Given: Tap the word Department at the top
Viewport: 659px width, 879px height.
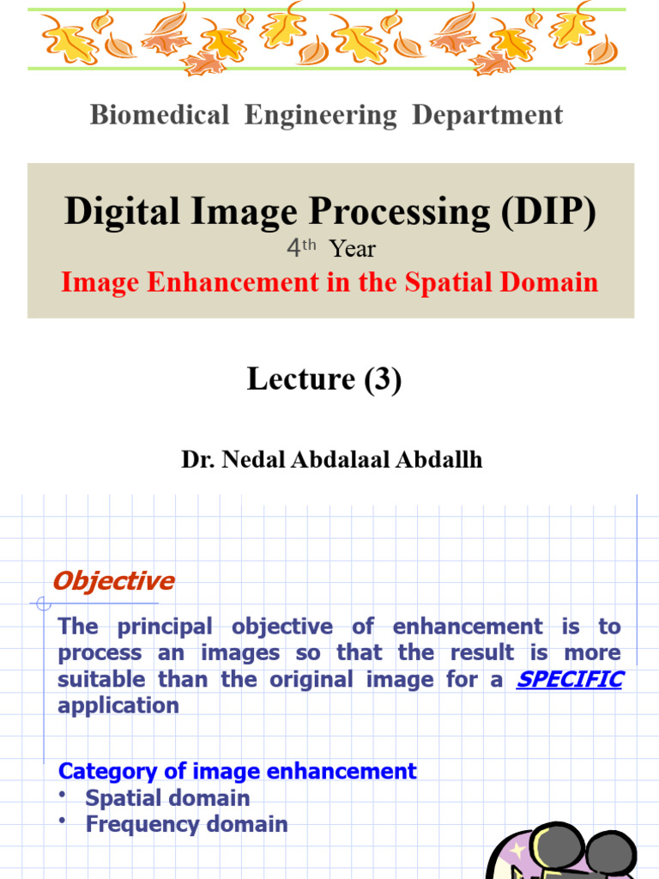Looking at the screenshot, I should (x=487, y=115).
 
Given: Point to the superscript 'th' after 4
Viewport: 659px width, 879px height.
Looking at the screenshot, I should (x=309, y=245).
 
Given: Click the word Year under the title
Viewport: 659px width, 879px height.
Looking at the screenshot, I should (x=353, y=249).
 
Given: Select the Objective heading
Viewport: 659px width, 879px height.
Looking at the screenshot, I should (x=113, y=581).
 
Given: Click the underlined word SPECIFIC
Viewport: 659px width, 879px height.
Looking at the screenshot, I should (x=569, y=679).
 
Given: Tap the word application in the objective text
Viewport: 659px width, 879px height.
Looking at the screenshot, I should (x=118, y=706).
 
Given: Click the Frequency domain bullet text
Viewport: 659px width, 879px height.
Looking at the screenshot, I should (x=186, y=824).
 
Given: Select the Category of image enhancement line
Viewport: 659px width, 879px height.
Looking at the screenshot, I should (x=237, y=771).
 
